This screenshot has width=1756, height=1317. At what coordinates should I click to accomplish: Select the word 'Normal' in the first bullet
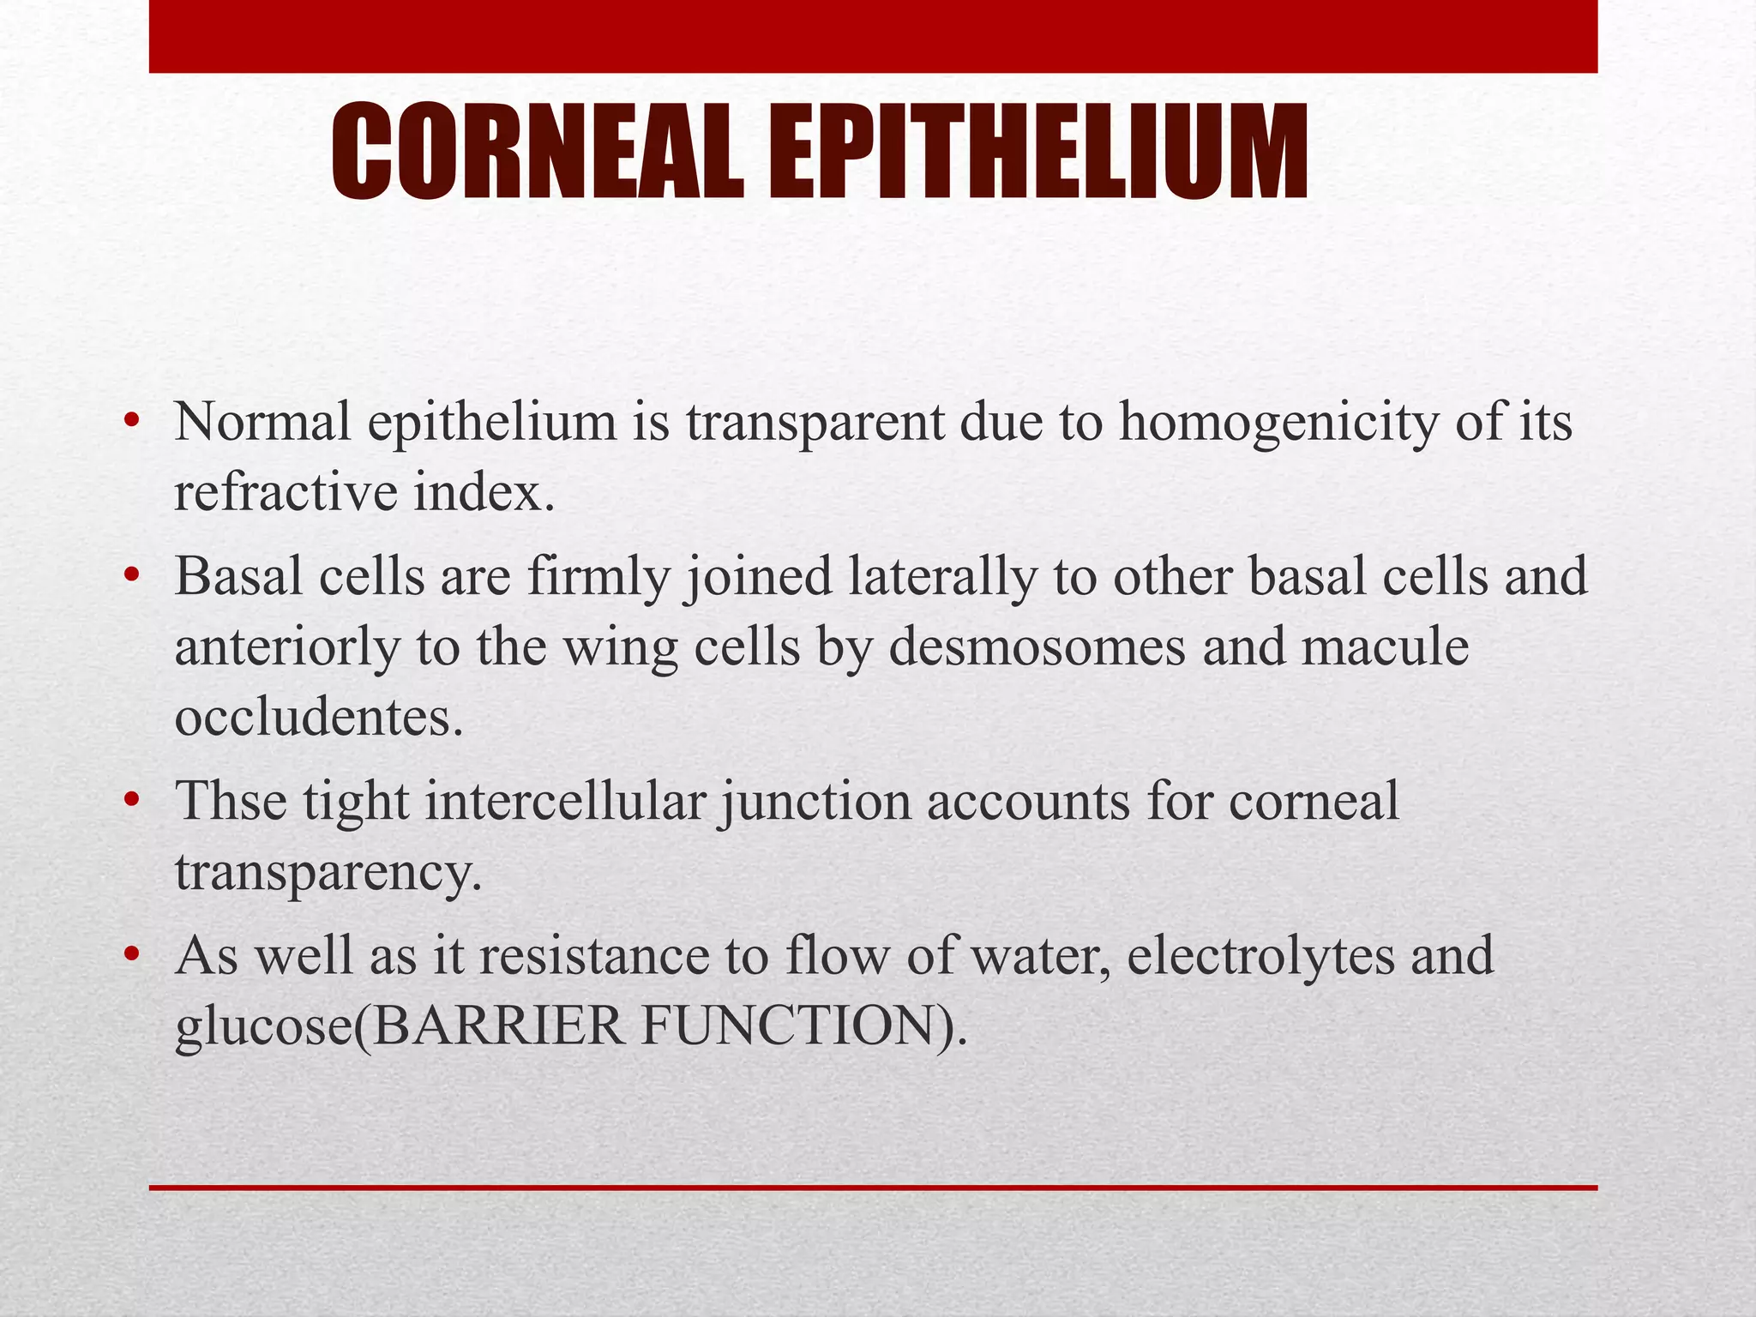tap(262, 422)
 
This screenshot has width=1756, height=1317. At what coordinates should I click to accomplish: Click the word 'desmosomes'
tap(1037, 647)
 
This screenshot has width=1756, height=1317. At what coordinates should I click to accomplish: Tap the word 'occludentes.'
tap(319, 717)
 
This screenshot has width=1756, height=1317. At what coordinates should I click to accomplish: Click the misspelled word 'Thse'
tap(231, 802)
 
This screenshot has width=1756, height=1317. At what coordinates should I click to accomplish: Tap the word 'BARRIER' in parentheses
tap(498, 1026)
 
